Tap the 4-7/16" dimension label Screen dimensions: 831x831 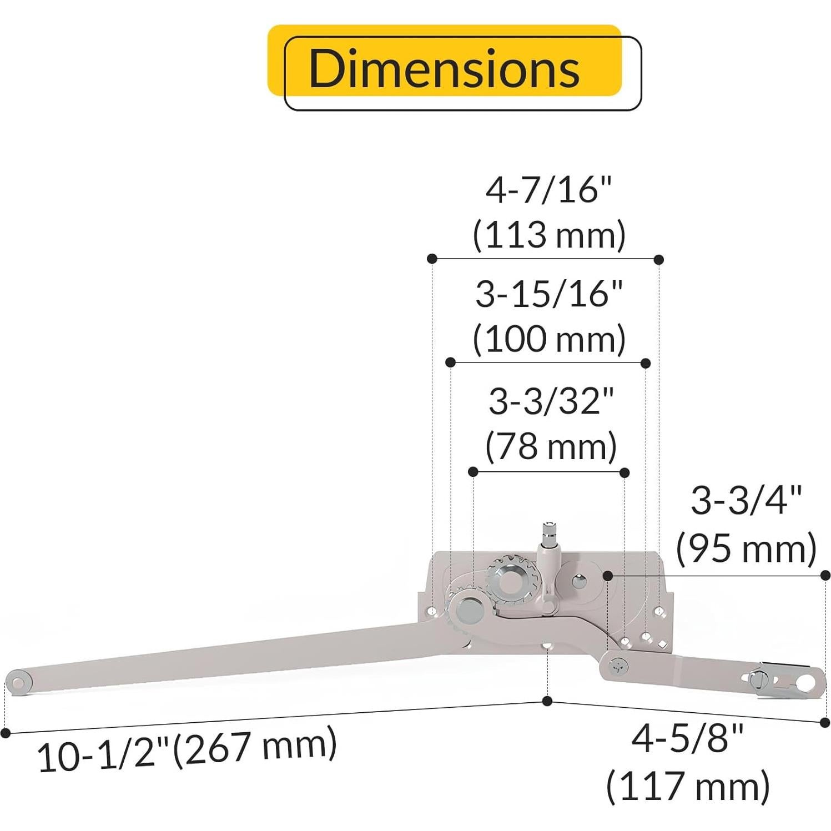point(548,190)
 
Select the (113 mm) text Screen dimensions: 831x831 point(548,235)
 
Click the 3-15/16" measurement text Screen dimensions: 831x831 point(548,294)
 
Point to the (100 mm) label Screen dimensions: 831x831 point(548,339)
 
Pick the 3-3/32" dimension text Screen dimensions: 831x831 point(551,401)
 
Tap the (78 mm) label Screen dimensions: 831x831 point(551,446)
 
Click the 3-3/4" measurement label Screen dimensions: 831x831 point(746,501)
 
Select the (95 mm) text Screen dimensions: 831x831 point(746,548)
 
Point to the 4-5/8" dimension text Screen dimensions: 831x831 point(687,739)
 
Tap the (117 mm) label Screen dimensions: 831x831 point(687,786)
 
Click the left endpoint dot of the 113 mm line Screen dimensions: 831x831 point(432,258)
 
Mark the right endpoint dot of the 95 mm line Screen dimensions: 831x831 point(825,575)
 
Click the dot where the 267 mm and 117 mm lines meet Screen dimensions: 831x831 point(547,701)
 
